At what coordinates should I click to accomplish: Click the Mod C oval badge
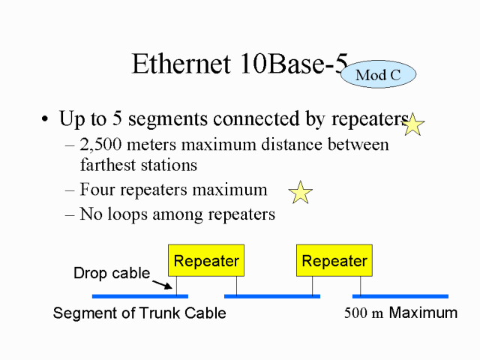tap(378, 74)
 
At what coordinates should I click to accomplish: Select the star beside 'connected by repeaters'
tap(412, 124)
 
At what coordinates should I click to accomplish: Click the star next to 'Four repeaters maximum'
tap(300, 193)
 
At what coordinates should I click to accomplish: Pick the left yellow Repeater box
tap(206, 260)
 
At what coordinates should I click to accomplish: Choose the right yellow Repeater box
tap(334, 260)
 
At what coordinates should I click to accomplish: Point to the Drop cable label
tap(112, 274)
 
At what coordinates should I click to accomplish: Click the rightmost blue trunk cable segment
tap(410, 296)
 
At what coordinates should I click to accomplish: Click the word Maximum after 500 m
tap(423, 313)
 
